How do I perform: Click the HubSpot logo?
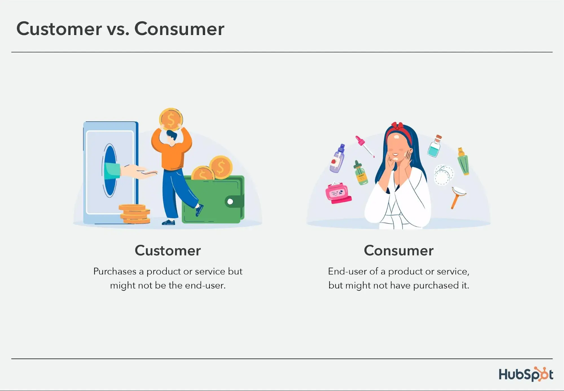click(x=526, y=374)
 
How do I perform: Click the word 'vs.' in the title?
click(x=118, y=29)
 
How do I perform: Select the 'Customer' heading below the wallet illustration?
click(x=168, y=250)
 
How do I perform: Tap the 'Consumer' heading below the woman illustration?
click(x=399, y=250)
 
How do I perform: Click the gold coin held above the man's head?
click(x=171, y=119)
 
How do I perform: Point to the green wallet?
click(x=213, y=199)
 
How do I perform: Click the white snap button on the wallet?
click(x=230, y=202)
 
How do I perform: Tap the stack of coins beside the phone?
click(x=135, y=214)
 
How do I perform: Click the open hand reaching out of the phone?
click(x=139, y=171)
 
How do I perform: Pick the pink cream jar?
click(x=338, y=193)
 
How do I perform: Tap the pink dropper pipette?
click(x=365, y=146)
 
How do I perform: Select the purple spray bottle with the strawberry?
click(x=337, y=158)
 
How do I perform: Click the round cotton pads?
click(x=444, y=175)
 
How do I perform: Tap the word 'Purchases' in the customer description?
click(x=115, y=272)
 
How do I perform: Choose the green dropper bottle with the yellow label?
click(x=360, y=173)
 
